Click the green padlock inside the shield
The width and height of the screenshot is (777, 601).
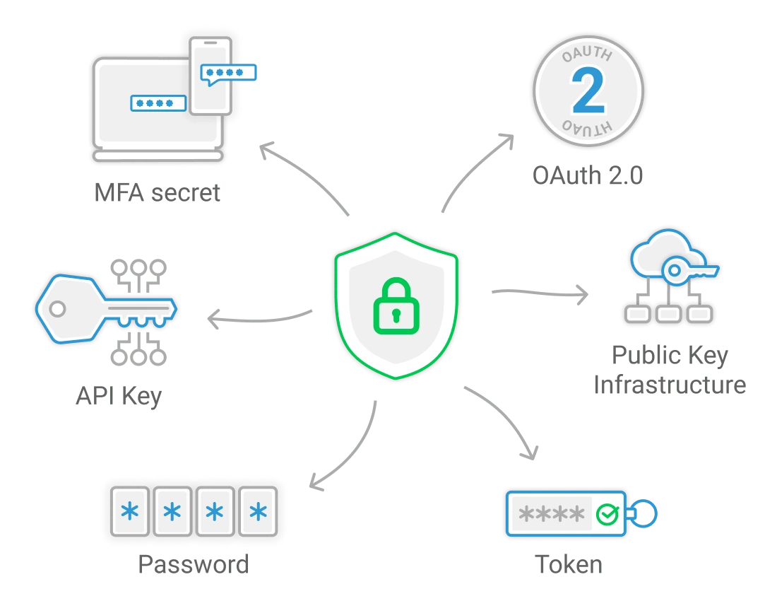pos(396,307)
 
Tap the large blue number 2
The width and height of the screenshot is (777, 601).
pos(588,92)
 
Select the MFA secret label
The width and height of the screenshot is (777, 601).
pos(158,192)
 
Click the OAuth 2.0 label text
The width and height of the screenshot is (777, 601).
pos(588,175)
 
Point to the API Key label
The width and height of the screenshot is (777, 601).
pos(119,395)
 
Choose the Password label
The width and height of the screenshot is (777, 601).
pos(194,564)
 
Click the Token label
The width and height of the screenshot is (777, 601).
pos(569,564)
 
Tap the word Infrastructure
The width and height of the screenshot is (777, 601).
pos(670,385)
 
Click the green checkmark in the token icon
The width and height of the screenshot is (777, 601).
pos(607,514)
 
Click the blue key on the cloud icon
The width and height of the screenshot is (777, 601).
pos(689,270)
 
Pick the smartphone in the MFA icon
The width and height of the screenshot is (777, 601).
pos(211,76)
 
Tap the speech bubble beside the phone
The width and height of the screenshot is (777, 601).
pos(228,72)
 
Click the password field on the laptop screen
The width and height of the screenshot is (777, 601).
pos(158,103)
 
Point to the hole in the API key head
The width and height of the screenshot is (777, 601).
pos(57,308)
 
